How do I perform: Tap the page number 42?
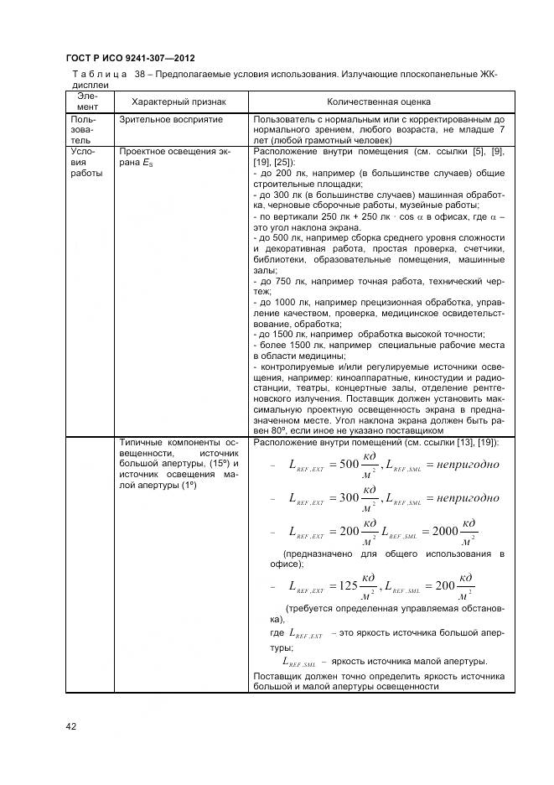(x=71, y=726)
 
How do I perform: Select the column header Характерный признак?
(x=173, y=101)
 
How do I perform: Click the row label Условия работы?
(x=86, y=163)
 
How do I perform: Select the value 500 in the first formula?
(x=344, y=464)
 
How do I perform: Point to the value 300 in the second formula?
(x=344, y=498)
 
